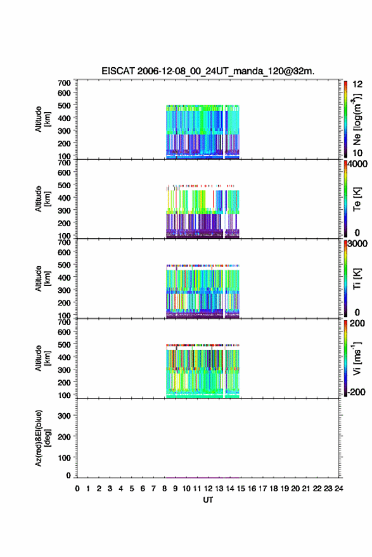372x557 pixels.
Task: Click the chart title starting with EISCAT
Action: pos(208,71)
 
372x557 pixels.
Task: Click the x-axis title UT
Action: pos(208,500)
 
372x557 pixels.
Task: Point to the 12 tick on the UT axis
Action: pos(208,489)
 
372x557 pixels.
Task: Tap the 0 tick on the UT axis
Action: pos(77,489)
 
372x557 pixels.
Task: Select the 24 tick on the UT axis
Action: pos(338,489)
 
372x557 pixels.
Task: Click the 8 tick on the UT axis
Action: pos(165,489)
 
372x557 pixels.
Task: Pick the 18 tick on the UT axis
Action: pos(273,489)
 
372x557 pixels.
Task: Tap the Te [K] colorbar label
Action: pos(357,199)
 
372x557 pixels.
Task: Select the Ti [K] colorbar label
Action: pos(357,279)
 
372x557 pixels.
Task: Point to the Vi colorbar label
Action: pos(357,358)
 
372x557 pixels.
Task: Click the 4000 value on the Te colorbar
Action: pos(357,163)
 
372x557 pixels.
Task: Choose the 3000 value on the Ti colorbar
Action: pos(357,243)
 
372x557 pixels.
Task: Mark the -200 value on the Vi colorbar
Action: pos(356,392)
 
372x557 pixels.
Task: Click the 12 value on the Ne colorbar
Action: pos(358,84)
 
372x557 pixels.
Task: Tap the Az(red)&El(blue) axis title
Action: pos(42,438)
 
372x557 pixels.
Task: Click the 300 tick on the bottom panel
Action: pos(64,416)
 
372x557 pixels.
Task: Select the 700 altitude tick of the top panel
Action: pos(64,83)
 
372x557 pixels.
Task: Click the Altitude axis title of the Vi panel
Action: pos(42,358)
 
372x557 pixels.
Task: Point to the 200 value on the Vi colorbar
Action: pos(357,323)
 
